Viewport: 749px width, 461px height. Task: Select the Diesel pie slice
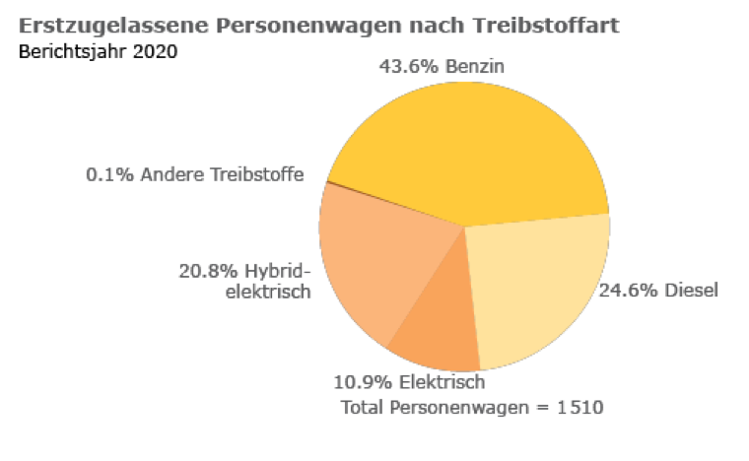tap(537, 286)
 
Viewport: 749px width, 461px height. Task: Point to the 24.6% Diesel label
tap(659, 290)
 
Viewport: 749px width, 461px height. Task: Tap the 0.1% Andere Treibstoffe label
tap(194, 174)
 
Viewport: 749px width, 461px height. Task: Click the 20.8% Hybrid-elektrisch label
tap(244, 281)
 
